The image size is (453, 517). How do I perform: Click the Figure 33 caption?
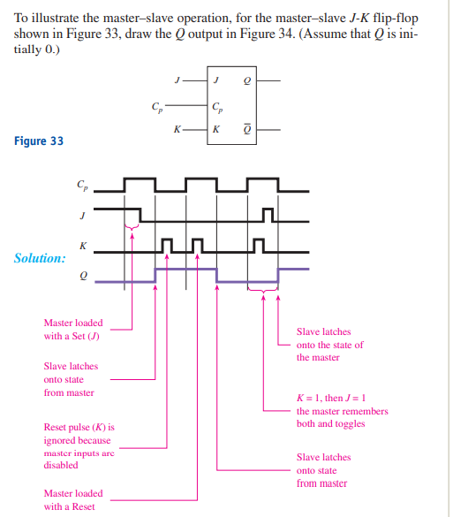(39, 141)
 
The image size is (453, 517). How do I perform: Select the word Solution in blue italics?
(39, 259)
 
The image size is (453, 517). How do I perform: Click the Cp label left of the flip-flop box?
(156, 108)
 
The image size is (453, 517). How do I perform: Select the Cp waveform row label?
(82, 186)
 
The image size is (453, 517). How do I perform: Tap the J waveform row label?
(83, 214)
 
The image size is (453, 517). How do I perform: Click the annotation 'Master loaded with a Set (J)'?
(73, 329)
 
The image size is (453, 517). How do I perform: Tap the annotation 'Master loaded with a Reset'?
(73, 499)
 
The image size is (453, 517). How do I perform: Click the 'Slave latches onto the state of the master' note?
(329, 345)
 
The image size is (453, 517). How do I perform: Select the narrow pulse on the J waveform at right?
(269, 215)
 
